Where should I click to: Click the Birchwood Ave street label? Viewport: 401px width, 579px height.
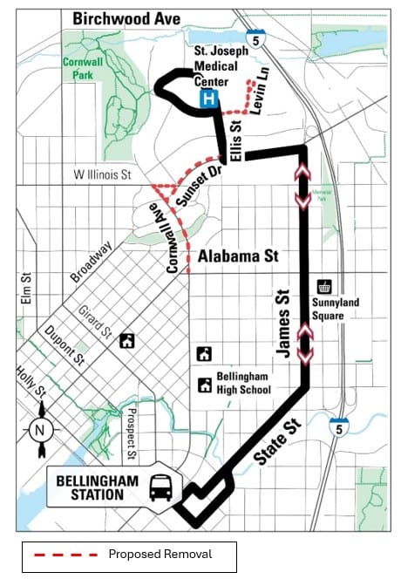[x=127, y=18]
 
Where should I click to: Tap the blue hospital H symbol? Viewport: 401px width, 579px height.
[x=207, y=101]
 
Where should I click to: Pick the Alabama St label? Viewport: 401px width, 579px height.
[x=237, y=256]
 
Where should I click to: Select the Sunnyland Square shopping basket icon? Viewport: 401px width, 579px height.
[x=324, y=286]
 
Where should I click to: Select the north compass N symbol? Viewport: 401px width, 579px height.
[x=38, y=428]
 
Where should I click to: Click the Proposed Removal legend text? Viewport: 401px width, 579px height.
[x=160, y=554]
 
